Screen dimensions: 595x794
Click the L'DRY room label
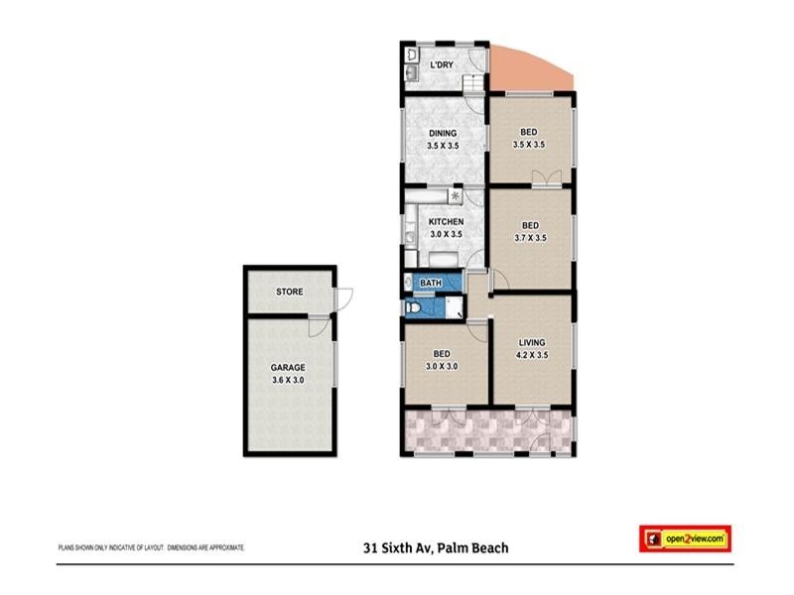442,66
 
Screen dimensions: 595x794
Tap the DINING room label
443,133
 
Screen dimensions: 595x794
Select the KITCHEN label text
446,222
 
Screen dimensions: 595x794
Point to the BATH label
430,284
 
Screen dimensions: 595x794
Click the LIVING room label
532,342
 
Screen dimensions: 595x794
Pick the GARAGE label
288,367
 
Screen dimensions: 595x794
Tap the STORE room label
289,293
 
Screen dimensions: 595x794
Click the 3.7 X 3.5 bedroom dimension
531,238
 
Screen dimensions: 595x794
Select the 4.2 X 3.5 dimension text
532,354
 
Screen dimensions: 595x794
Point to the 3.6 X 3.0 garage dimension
288,379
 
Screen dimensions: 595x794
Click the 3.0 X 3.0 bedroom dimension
442,366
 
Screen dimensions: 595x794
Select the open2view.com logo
683,538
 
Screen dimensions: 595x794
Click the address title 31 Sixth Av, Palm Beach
436,546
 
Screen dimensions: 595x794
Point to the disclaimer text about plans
151,547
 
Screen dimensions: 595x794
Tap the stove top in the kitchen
457,196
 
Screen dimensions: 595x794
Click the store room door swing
343,295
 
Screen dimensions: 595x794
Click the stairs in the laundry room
476,83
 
